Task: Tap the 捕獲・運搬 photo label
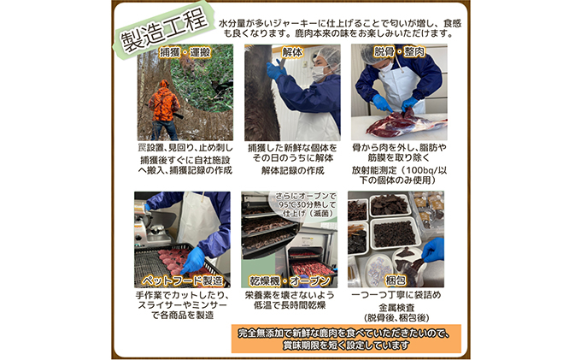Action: (185, 53)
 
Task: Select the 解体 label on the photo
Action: (292, 53)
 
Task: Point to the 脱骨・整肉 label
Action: (399, 52)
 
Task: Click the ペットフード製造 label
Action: (182, 280)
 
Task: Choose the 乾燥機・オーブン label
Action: (289, 280)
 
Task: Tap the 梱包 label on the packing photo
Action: (396, 280)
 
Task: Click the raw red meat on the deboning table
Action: (405, 123)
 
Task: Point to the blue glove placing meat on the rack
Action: (193, 260)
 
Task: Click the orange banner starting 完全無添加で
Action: (346, 339)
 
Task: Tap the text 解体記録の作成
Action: (292, 170)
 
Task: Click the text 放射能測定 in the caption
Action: (374, 170)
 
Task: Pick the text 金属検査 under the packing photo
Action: (396, 308)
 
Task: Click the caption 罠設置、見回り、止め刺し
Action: (185, 148)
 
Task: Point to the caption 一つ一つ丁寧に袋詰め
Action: (396, 295)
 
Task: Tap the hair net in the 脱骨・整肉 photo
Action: (376, 53)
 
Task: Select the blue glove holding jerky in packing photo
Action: (433, 250)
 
